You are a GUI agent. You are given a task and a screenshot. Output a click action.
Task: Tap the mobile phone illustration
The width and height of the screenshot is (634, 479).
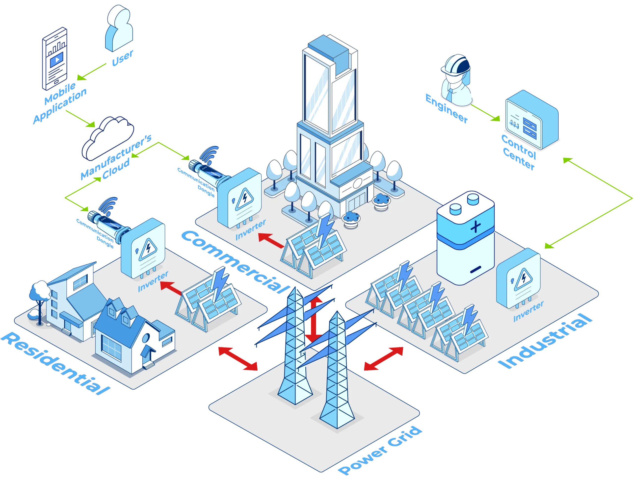point(55,58)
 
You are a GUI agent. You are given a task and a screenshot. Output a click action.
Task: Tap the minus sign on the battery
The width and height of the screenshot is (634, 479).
point(475,269)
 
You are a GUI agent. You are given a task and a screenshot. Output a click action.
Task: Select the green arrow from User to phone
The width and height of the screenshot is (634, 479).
point(91,72)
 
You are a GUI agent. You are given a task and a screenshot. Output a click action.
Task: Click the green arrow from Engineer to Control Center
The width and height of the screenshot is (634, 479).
point(486,113)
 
